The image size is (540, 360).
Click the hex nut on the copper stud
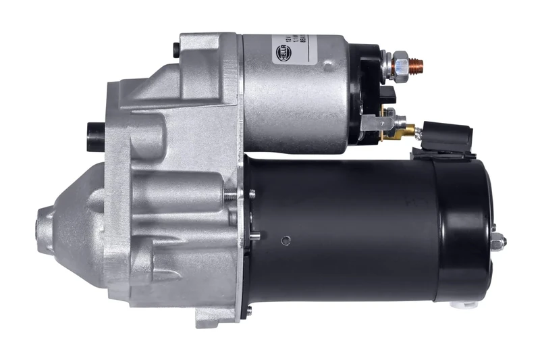click(x=400, y=65)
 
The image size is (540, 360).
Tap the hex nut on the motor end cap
click(x=499, y=240)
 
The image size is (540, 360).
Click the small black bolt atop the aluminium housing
click(x=176, y=49)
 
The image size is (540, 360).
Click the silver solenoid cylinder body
click(x=297, y=101)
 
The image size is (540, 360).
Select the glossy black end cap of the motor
click(x=466, y=230)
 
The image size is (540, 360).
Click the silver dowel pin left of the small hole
click(x=257, y=236)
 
